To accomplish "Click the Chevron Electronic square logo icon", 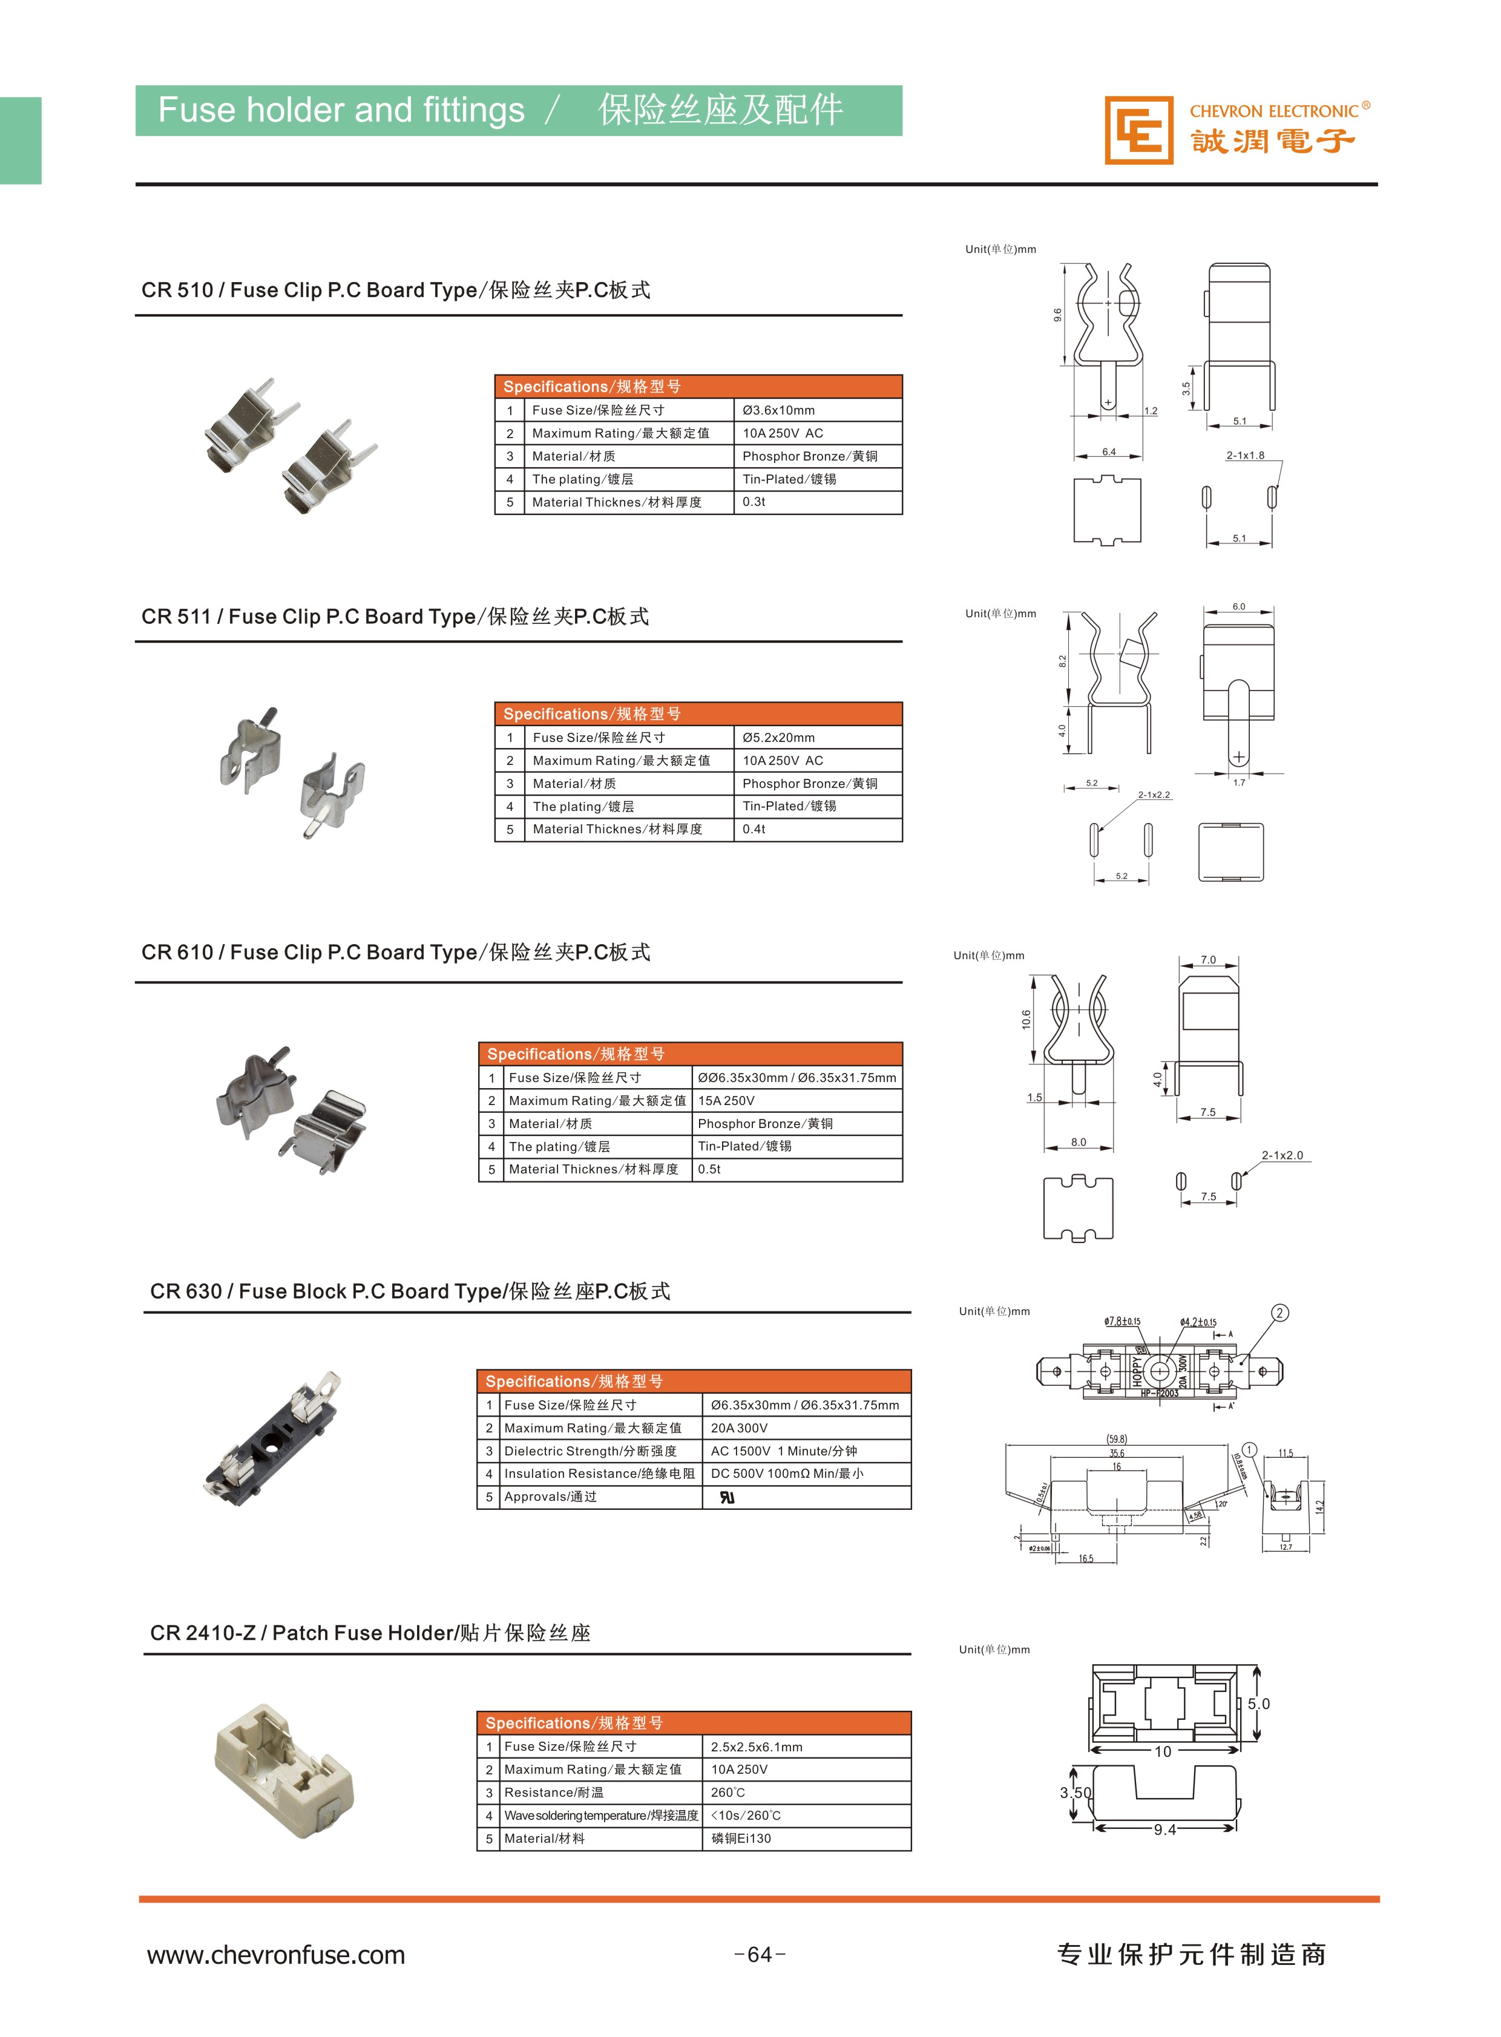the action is pyautogui.click(x=1138, y=131).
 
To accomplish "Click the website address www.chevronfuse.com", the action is pyautogui.click(x=275, y=1954).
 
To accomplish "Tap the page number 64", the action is pyautogui.click(x=759, y=1954).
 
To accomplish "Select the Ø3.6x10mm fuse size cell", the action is pyautogui.click(x=779, y=411).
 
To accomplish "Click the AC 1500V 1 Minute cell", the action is pyautogui.click(x=783, y=1451).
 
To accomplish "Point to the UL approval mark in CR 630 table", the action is pyautogui.click(x=727, y=1497).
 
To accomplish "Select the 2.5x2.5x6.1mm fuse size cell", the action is pyautogui.click(x=756, y=1747).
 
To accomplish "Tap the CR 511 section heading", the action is pyautogui.click(x=395, y=617).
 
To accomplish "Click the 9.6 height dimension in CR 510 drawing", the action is pyautogui.click(x=1057, y=314).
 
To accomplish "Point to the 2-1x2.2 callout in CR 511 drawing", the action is pyautogui.click(x=1154, y=795).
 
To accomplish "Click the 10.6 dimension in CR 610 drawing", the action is pyautogui.click(x=1026, y=1020).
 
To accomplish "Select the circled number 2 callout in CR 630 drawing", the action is pyautogui.click(x=1279, y=1313).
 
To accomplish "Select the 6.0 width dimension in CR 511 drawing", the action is pyautogui.click(x=1238, y=606).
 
